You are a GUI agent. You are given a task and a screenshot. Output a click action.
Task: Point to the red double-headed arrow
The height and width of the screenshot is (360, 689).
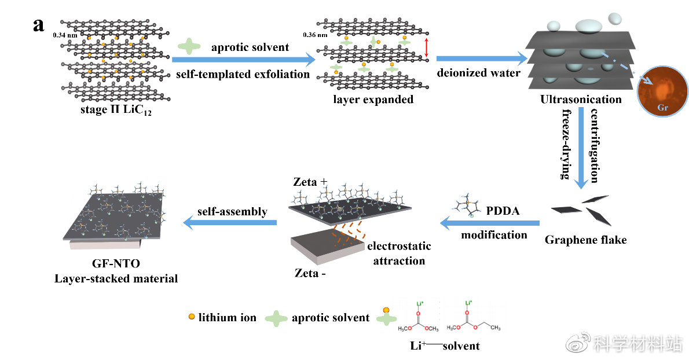pyautogui.click(x=427, y=47)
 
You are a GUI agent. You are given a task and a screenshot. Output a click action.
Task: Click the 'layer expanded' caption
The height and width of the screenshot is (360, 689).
pyautogui.click(x=373, y=99)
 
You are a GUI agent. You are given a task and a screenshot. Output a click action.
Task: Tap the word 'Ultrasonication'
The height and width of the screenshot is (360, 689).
pyautogui.click(x=581, y=100)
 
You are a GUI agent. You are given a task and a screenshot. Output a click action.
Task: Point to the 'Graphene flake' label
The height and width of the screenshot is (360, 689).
pyautogui.click(x=585, y=239)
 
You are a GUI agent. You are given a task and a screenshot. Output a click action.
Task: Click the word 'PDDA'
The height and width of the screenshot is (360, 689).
pyautogui.click(x=503, y=211)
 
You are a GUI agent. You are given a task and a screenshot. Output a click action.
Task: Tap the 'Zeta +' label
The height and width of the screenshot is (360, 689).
pyautogui.click(x=310, y=182)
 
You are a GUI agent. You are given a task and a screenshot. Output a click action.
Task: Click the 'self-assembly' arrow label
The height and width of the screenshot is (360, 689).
pyautogui.click(x=233, y=212)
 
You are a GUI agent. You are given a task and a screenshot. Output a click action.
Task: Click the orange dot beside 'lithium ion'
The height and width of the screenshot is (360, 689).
pyautogui.click(x=191, y=317)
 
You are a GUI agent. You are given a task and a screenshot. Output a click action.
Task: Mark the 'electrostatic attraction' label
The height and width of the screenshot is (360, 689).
pyautogui.click(x=399, y=254)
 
